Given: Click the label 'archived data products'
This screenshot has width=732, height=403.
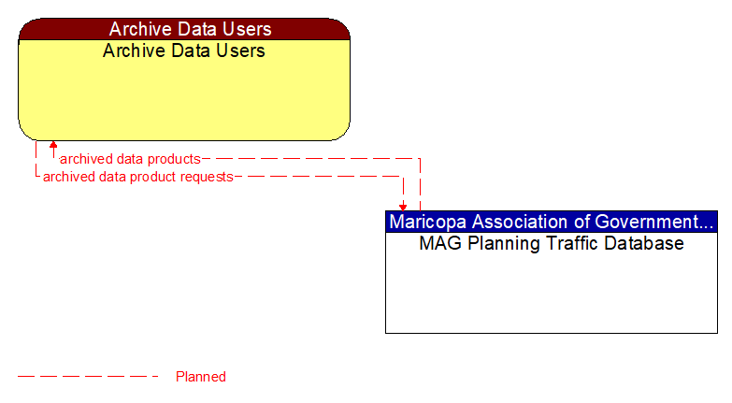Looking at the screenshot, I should [130, 159].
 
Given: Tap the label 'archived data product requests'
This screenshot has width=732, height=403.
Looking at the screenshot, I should [137, 176].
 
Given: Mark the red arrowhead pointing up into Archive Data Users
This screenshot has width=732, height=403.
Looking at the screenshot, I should [53, 145].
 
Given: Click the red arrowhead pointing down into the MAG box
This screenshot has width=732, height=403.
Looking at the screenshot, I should [403, 207].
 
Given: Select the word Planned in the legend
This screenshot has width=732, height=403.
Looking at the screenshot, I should [201, 377].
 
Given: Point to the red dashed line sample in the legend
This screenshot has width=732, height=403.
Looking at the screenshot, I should [89, 377].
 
